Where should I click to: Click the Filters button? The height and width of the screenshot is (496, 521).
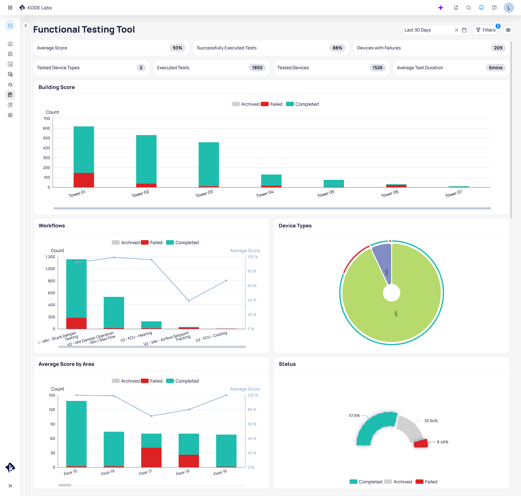(485, 30)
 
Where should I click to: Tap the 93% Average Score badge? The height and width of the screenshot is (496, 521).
(177, 48)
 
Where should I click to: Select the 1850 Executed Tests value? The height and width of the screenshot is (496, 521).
(257, 68)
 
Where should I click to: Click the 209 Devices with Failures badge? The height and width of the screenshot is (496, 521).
(498, 48)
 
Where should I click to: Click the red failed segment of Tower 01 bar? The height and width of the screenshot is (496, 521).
(83, 180)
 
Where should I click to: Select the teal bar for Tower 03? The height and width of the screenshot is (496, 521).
(208, 164)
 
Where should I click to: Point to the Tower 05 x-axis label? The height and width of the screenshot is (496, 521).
(325, 194)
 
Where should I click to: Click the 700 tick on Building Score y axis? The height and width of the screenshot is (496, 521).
(47, 118)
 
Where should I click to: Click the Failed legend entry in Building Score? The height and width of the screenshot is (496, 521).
(272, 104)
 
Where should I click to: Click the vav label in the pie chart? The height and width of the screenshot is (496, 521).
(396, 314)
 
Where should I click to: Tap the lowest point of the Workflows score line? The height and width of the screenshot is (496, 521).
(189, 301)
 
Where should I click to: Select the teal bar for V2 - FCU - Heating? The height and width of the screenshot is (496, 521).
(151, 324)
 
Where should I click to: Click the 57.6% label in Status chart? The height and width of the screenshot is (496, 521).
(354, 415)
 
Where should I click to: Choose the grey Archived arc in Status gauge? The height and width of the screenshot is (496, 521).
(410, 428)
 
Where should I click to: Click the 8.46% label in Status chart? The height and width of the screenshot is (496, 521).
(442, 442)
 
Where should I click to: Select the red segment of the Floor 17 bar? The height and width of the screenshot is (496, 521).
(151, 457)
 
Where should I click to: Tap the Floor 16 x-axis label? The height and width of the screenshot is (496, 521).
(220, 473)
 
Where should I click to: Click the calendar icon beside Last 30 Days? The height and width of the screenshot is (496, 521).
(464, 30)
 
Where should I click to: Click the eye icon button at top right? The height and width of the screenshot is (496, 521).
(508, 30)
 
